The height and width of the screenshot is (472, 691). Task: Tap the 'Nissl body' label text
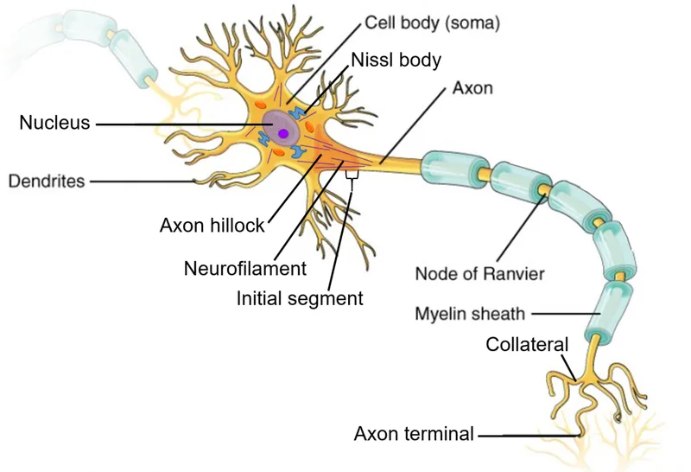tap(396, 61)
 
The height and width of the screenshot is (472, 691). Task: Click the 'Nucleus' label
tap(54, 123)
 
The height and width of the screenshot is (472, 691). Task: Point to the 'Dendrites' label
tap(47, 182)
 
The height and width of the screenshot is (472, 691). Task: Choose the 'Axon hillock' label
tap(212, 226)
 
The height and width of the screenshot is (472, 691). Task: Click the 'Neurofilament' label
tap(245, 268)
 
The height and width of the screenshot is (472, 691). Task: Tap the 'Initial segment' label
tap(300, 298)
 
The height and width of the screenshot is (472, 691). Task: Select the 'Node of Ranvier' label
tap(479, 274)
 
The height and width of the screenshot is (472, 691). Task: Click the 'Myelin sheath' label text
tap(470, 313)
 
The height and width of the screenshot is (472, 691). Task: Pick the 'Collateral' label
tap(527, 344)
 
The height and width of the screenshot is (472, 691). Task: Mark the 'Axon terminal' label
tap(414, 434)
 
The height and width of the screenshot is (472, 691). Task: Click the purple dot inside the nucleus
tap(282, 132)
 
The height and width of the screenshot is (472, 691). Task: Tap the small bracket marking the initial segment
tap(352, 175)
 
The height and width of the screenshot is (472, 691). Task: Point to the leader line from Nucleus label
tap(173, 124)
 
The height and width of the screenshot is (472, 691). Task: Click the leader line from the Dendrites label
tap(143, 182)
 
